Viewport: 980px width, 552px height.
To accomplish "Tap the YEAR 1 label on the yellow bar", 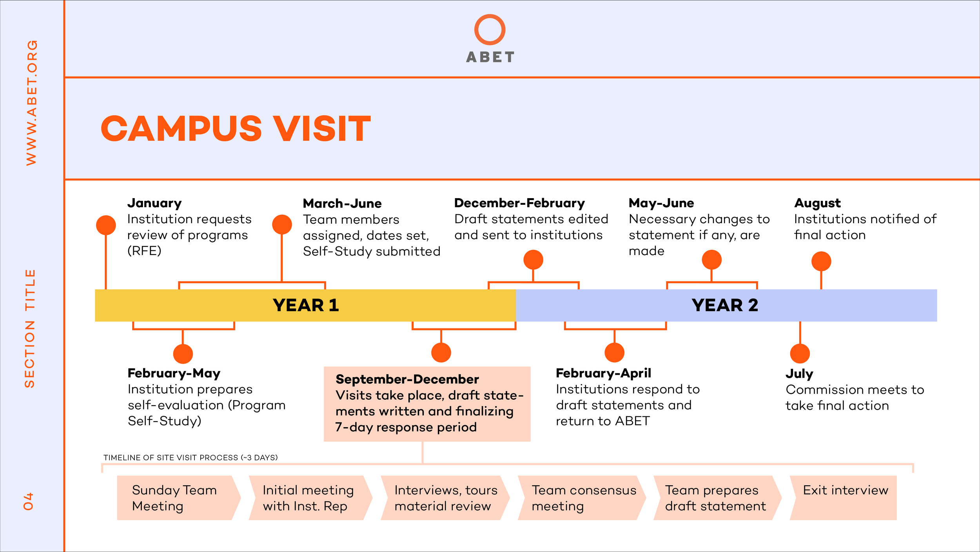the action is [x=306, y=305].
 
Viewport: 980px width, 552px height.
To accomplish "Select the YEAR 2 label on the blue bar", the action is [x=725, y=305].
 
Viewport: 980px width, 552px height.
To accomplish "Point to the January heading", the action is [x=154, y=203].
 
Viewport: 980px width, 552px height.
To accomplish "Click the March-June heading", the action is [x=342, y=203].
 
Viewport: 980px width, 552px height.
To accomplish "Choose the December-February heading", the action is [x=519, y=203].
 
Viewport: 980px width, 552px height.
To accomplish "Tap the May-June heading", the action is [x=661, y=203].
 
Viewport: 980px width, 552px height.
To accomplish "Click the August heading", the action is [x=817, y=203].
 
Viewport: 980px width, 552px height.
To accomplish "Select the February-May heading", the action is [x=174, y=373].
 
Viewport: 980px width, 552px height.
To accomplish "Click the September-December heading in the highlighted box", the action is [x=407, y=379].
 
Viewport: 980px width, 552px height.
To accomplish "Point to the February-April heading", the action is [x=603, y=373].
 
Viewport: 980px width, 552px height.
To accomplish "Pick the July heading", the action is [x=799, y=373].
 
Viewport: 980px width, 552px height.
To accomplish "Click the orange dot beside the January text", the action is [x=106, y=225].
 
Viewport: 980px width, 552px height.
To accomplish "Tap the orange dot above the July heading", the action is [x=800, y=353].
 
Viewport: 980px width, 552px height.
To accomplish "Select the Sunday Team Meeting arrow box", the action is [x=179, y=498].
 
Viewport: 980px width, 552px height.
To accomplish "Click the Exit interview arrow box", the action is [x=843, y=498].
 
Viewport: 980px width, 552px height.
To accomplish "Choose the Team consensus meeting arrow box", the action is [x=582, y=498].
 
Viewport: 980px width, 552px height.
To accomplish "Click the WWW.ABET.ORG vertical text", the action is [x=31, y=103].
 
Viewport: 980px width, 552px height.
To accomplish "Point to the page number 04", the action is [x=29, y=501].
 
